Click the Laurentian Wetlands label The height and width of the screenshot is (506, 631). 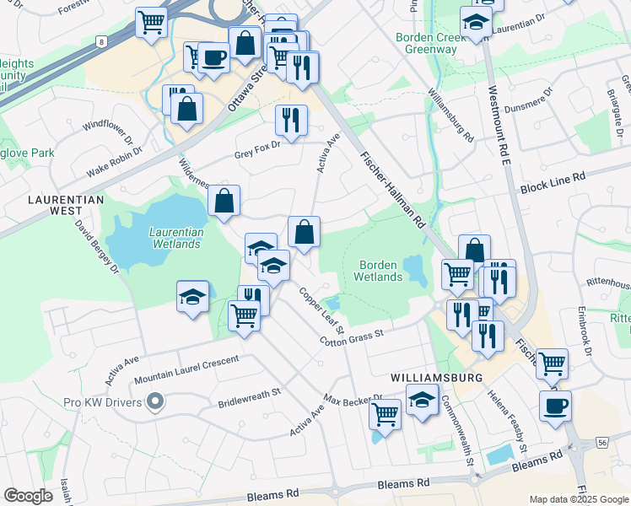click(x=175, y=238)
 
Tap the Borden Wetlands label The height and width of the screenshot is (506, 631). click(x=377, y=270)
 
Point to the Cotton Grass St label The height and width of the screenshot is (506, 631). click(x=352, y=336)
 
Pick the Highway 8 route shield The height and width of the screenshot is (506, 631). click(x=102, y=40)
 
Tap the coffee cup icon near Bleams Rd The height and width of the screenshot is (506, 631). click(x=555, y=406)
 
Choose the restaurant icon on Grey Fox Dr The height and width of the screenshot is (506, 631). click(x=291, y=120)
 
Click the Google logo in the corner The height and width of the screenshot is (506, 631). click(x=28, y=496)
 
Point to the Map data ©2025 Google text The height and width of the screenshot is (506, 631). click(x=578, y=499)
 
